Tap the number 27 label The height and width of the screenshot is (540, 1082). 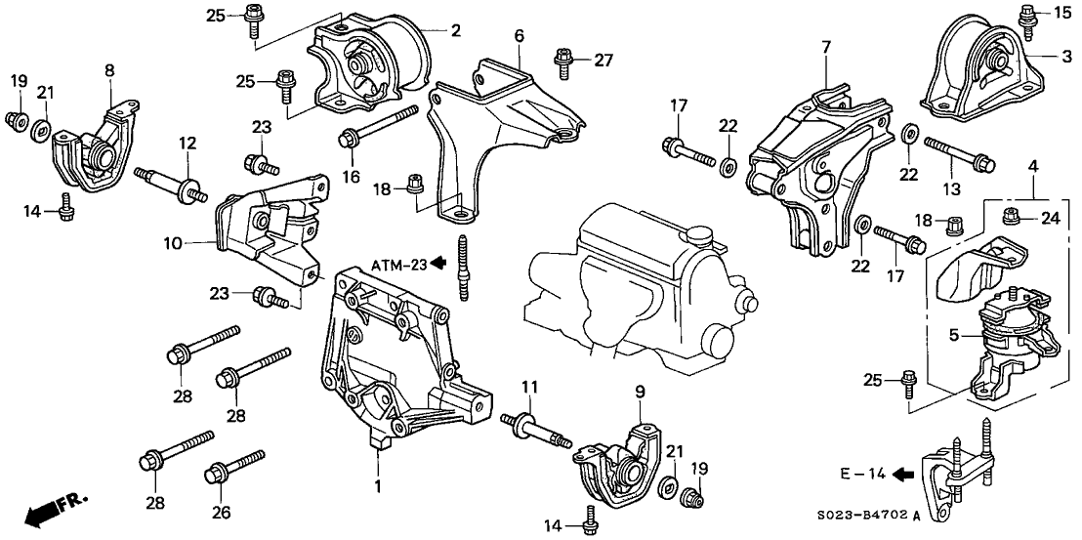click(603, 60)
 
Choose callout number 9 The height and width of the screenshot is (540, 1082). click(640, 392)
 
